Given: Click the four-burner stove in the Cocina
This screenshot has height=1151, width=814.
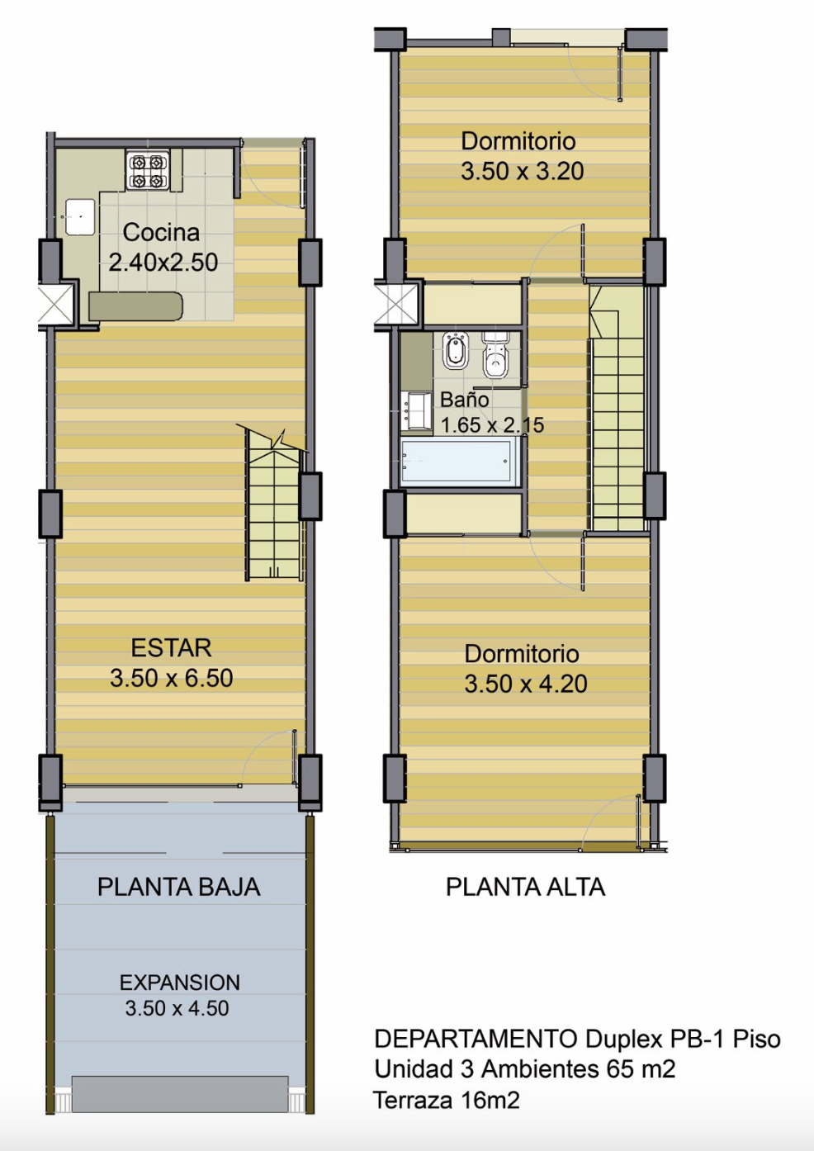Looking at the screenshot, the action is tap(148, 170).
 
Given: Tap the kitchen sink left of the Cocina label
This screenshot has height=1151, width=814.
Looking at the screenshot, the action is tap(80, 217).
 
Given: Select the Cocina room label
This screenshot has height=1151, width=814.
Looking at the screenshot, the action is tap(161, 232).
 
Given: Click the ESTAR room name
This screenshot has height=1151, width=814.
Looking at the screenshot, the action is tap(171, 648).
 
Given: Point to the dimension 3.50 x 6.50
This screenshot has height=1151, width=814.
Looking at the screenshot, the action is tap(171, 678).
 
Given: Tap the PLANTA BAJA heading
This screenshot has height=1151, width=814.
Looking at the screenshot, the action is tap(179, 888).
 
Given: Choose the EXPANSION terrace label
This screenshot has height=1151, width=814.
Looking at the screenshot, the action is tap(180, 983).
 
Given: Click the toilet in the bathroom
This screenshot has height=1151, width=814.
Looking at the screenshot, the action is tap(495, 354).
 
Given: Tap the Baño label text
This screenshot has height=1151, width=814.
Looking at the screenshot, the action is tap(465, 400).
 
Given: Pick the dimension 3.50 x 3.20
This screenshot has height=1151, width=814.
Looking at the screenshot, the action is tap(522, 171).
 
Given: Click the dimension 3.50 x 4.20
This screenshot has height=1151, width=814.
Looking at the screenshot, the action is tap(526, 684).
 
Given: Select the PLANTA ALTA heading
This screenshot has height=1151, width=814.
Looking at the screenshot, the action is tap(525, 888).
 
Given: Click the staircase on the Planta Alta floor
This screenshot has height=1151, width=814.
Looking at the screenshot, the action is tap(617, 409).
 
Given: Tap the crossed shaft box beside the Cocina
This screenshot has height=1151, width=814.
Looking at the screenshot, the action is tap(55, 304).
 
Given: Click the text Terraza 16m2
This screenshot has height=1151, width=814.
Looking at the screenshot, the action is tap(446, 1100).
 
